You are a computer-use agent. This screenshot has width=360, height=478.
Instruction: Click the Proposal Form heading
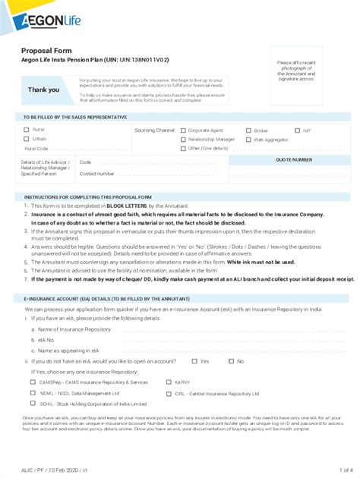tap(46, 50)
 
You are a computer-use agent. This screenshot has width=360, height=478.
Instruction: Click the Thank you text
tap(43, 90)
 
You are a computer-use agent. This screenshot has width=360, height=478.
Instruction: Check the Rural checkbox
tap(27, 130)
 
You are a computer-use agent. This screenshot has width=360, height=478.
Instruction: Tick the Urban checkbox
tap(27, 139)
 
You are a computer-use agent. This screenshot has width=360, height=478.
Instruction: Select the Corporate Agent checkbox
tap(183, 131)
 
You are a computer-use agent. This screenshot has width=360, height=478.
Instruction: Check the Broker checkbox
tap(248, 131)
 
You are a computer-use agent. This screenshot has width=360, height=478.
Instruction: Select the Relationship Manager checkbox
tap(183, 140)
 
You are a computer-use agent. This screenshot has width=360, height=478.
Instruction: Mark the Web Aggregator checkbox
tap(248, 140)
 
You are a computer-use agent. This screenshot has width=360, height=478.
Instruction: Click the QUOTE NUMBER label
tap(293, 160)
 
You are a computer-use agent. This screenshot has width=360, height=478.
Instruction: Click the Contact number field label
tap(97, 174)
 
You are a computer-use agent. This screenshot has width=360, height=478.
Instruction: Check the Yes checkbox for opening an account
tap(195, 361)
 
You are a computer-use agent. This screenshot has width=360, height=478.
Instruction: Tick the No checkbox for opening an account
tap(232, 361)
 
